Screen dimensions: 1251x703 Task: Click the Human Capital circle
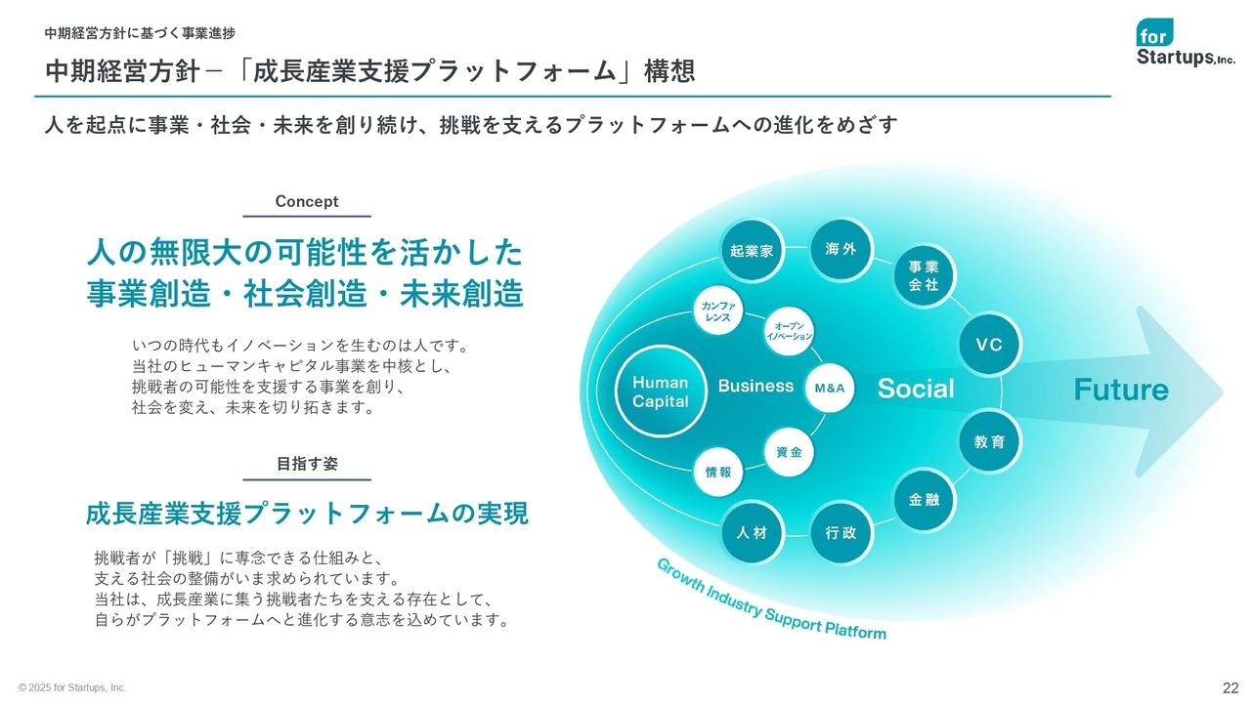[660, 392]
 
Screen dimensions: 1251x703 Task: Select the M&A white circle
[830, 388]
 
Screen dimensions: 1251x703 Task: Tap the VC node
[989, 345]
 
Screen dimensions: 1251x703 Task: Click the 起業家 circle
[752, 251]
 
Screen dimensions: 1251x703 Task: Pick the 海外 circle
[841, 249]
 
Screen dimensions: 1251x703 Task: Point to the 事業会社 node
[924, 275]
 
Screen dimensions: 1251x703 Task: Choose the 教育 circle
[989, 441]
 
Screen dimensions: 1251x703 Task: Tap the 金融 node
[924, 499]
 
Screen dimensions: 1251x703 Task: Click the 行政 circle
[841, 533]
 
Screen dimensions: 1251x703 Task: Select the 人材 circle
[752, 532]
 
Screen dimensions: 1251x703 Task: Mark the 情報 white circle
[718, 472]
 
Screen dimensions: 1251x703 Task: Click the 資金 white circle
[789, 452]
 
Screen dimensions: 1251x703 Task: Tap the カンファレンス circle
[718, 310]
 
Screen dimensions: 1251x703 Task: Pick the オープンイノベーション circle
[789, 331]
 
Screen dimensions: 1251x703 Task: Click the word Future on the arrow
[1121, 390]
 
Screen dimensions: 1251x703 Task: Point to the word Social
[916, 389]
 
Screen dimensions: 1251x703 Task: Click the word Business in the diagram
[755, 386]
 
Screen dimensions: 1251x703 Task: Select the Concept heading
[307, 201]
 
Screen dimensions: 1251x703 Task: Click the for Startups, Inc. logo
[1186, 42]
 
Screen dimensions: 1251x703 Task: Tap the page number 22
[1230, 687]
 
